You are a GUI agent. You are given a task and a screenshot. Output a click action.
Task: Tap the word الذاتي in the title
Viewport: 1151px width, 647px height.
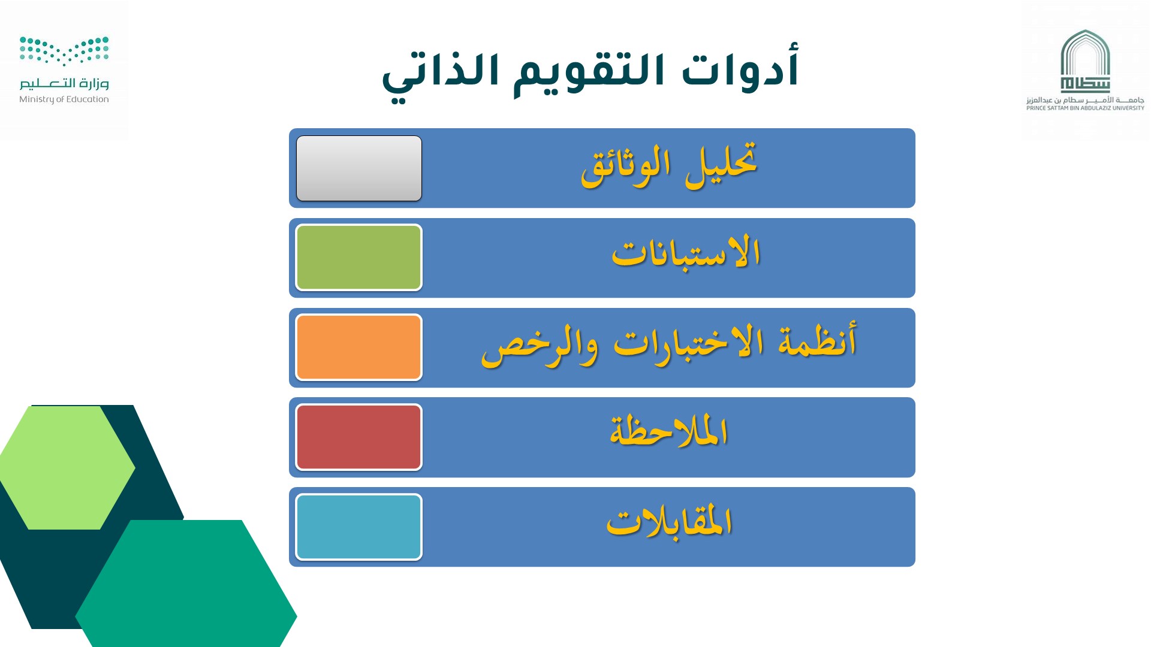[x=441, y=75]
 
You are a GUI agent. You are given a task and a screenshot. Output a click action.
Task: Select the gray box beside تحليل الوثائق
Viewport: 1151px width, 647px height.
[x=359, y=168]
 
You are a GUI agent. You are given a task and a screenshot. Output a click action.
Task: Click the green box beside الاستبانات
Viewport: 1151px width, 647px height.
[x=359, y=258]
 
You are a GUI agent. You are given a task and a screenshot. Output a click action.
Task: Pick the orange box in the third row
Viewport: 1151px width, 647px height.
[x=359, y=347]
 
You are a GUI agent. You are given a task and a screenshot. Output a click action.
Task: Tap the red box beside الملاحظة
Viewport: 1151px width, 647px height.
[x=359, y=437]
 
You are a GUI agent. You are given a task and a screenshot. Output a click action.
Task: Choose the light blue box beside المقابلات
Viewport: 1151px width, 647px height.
[x=359, y=527]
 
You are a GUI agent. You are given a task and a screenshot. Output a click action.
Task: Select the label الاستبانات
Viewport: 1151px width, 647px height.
[x=686, y=252]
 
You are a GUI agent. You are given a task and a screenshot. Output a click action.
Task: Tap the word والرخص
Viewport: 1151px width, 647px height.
[x=540, y=346]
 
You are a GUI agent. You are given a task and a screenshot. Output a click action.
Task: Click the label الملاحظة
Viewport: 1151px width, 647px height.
[x=669, y=431]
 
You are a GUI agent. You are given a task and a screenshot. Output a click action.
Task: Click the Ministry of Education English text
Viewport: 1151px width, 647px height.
[x=64, y=99]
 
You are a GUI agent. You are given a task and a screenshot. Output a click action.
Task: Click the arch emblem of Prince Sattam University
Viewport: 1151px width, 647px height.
[x=1085, y=61]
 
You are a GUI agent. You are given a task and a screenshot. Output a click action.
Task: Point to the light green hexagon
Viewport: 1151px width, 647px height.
[x=67, y=468]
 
